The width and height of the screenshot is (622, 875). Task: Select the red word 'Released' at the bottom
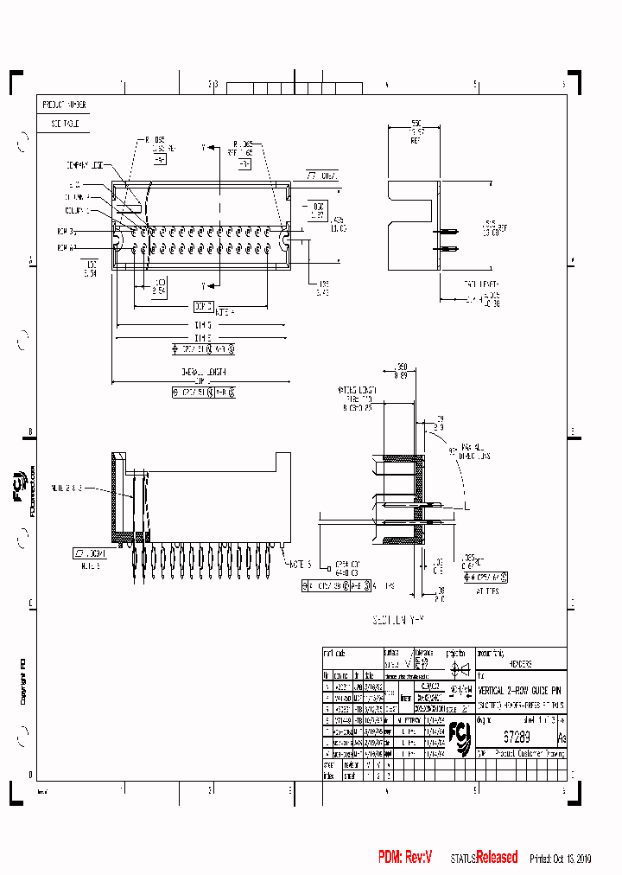pyautogui.click(x=497, y=857)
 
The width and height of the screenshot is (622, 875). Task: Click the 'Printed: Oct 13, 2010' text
pyautogui.click(x=561, y=859)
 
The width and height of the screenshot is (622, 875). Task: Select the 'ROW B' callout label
pyautogui.click(x=67, y=232)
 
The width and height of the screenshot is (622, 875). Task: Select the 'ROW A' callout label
pyautogui.click(x=67, y=247)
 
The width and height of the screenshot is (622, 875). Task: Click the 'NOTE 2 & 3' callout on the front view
pyautogui.click(x=67, y=488)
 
